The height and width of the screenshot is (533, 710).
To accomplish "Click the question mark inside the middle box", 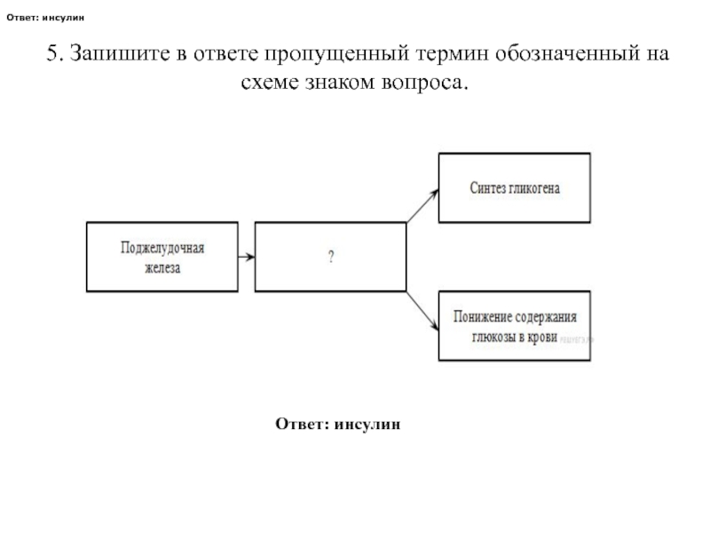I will (x=330, y=258).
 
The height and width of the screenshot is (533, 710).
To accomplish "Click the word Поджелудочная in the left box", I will (x=162, y=247).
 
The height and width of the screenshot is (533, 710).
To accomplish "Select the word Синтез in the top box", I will (x=487, y=188).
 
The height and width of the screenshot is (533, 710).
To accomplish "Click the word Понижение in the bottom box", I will (x=482, y=317).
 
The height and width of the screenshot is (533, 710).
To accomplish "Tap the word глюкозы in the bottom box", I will (x=495, y=338).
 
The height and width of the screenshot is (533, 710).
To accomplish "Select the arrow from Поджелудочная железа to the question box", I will (x=247, y=258).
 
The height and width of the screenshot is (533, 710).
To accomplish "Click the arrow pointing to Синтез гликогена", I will (x=422, y=205).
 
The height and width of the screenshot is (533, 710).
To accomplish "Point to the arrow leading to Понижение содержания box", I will (x=422, y=310).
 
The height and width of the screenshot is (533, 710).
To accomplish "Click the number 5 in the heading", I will (x=51, y=53).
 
